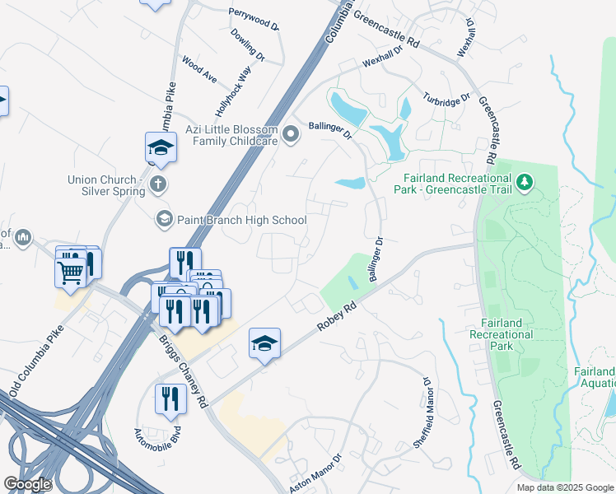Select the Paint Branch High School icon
tap(164, 219)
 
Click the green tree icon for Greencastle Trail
tap(524, 182)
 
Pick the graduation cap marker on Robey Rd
tap(264, 343)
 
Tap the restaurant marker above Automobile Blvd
tap(170, 399)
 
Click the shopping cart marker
tap(71, 271)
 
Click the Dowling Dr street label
tap(247, 45)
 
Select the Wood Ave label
tap(199, 69)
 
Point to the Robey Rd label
tap(338, 318)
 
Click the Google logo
tap(27, 484)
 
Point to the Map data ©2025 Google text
tap(564, 487)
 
